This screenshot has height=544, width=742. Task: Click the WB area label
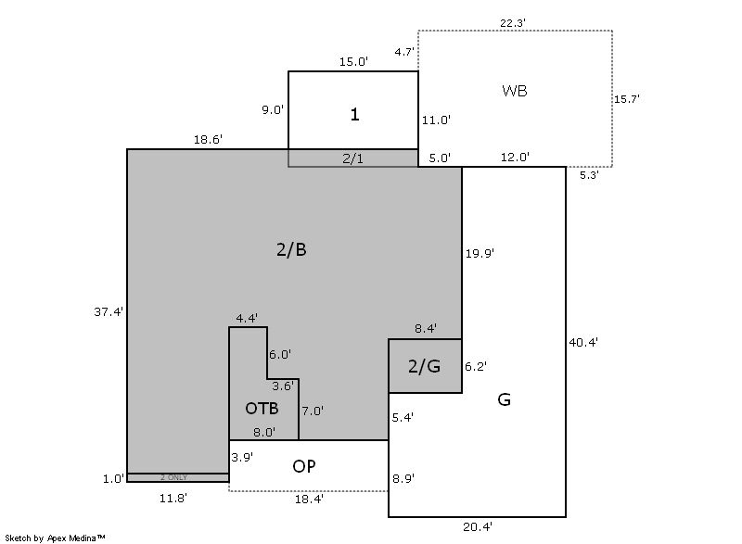[515, 91]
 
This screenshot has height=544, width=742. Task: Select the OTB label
[262, 408]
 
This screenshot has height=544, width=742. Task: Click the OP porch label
[304, 466]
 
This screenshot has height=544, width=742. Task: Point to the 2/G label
[424, 366]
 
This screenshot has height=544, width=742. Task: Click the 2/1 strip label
[353, 158]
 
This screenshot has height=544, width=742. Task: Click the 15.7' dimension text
[628, 97]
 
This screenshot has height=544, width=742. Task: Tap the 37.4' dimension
[109, 311]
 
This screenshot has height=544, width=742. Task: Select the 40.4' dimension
[582, 342]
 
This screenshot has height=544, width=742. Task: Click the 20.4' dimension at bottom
[479, 527]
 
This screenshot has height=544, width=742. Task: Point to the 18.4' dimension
[309, 499]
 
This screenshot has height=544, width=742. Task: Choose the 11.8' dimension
[173, 498]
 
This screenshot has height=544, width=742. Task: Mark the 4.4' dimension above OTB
[247, 318]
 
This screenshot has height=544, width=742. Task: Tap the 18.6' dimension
[208, 139]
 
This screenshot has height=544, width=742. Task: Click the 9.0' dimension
[273, 109]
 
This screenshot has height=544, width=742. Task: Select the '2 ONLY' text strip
[173, 477]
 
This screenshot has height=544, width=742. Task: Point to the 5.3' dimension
[589, 174]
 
